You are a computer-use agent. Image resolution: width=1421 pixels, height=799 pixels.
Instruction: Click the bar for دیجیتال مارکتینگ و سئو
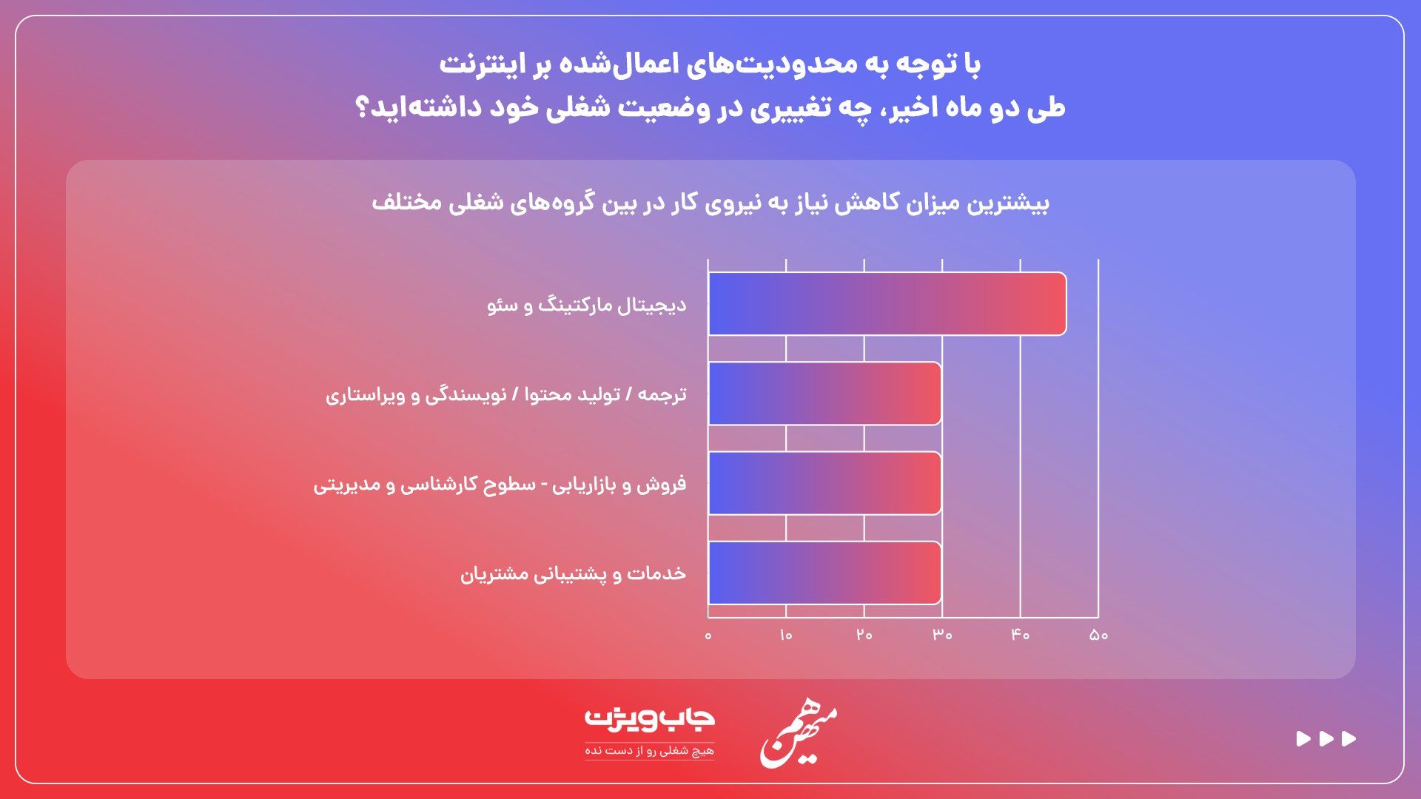(887, 304)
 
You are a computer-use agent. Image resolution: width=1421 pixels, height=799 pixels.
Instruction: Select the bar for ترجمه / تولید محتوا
(824, 394)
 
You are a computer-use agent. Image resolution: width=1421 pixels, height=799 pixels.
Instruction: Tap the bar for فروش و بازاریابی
(824, 483)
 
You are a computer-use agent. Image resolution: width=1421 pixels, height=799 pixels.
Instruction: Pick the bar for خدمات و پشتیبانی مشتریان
(824, 573)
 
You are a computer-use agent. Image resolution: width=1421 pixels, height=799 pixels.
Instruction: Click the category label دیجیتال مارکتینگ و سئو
(586, 305)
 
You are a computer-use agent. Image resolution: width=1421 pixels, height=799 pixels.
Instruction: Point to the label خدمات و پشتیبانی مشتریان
(573, 574)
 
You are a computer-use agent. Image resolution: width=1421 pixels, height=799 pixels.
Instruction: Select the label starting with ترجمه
(505, 394)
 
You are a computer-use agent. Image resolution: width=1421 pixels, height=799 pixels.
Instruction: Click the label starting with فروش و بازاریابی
(500, 485)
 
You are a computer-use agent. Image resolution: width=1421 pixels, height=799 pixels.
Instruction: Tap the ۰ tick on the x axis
(708, 635)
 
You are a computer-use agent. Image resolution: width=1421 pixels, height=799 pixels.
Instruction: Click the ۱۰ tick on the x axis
(786, 635)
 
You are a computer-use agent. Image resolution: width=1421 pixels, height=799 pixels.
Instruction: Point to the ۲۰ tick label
(864, 635)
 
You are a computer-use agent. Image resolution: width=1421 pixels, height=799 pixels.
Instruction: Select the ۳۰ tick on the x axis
(942, 635)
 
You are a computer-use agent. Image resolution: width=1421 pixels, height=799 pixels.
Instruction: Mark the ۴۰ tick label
(1021, 635)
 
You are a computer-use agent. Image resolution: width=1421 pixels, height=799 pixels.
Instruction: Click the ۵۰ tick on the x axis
(1098, 635)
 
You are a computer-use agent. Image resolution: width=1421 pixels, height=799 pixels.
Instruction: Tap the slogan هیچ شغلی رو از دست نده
(649, 751)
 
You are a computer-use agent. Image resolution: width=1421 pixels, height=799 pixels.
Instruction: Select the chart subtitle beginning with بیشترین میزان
(710, 203)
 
